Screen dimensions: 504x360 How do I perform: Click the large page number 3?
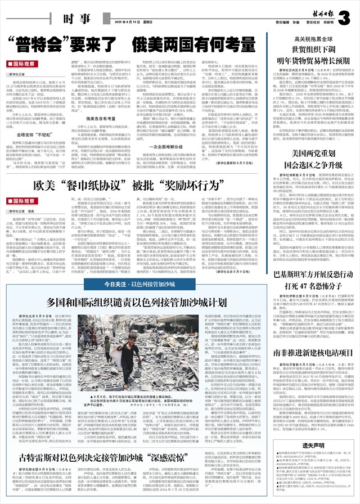[x=344, y=13]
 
